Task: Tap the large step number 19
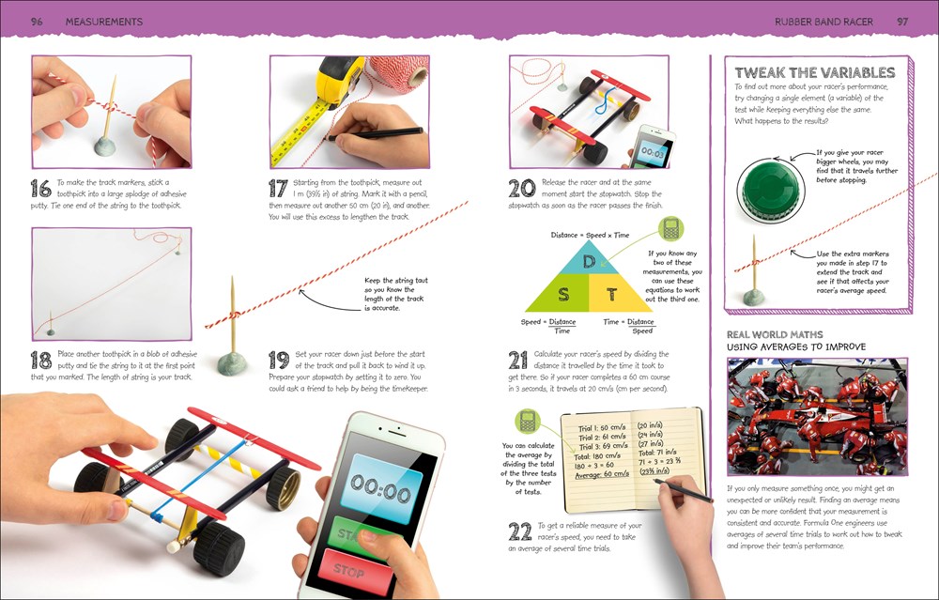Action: tap(278, 362)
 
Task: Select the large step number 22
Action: tap(519, 531)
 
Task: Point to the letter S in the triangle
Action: tap(563, 294)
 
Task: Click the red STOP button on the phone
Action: tap(349, 570)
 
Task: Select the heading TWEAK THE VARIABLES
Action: tap(814, 72)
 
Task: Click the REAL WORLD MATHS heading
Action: tap(775, 333)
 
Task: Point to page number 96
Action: tap(38, 21)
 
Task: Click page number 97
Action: tap(902, 21)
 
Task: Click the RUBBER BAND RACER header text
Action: tap(824, 21)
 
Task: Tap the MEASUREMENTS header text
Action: tap(104, 21)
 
